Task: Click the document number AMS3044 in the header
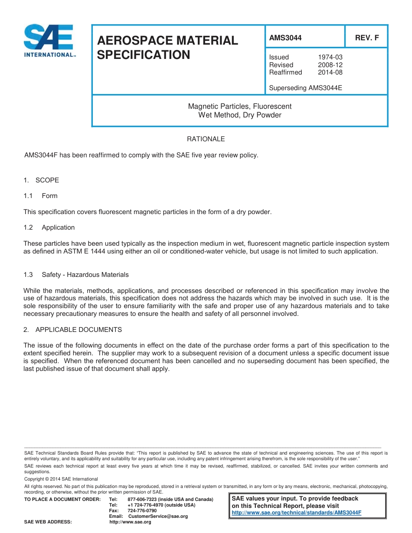(x=285, y=38)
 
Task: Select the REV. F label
(x=366, y=38)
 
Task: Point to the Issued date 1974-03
(x=330, y=57)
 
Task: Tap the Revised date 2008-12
(x=330, y=65)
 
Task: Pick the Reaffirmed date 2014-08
(x=330, y=72)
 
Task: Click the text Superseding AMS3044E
(x=305, y=88)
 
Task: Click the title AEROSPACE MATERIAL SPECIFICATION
(x=167, y=48)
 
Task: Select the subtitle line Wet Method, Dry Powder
(x=239, y=115)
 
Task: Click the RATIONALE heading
(x=206, y=139)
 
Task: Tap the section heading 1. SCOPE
(x=41, y=180)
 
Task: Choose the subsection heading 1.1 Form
(x=41, y=196)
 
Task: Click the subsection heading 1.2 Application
(x=49, y=227)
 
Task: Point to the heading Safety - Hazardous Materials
(x=85, y=275)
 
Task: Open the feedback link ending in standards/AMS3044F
(x=297, y=512)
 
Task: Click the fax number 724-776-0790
(x=142, y=511)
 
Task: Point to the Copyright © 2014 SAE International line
(x=61, y=479)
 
